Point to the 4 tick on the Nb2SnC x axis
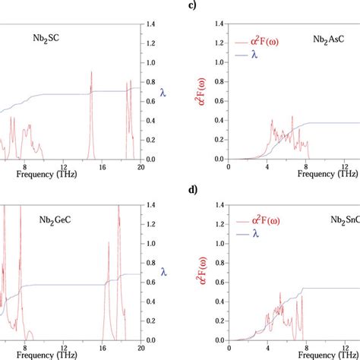(267, 346)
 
